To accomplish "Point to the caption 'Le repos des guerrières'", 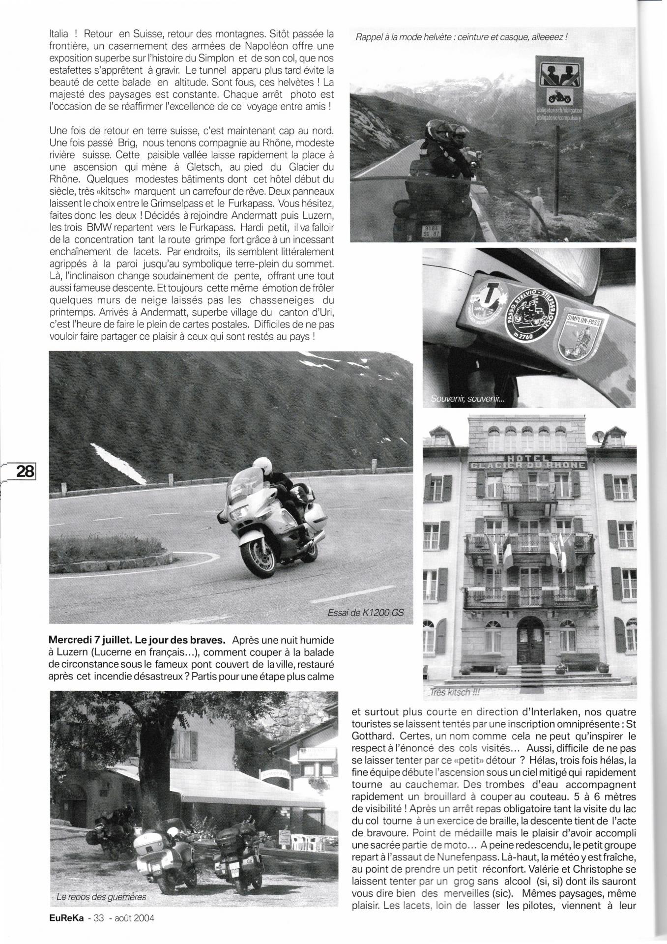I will click(x=101, y=896).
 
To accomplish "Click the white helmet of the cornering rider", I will click(x=261, y=465).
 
